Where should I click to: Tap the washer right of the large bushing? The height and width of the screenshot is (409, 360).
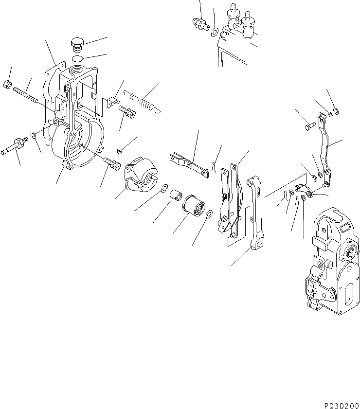(x=209, y=215)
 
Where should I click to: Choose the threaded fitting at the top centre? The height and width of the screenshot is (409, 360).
(x=199, y=23)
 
